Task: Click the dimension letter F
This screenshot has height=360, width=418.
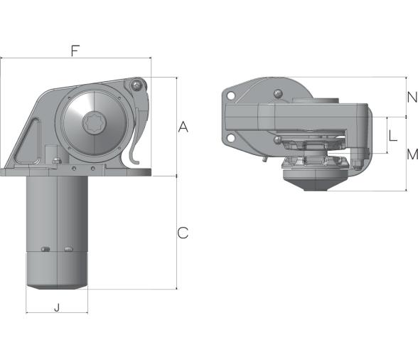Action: pos(75,51)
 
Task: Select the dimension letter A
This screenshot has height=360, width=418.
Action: pos(183,127)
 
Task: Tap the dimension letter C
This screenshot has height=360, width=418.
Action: pos(183,233)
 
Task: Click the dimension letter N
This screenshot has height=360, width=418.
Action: pos(411,97)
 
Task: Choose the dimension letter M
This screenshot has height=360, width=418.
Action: pos(411,154)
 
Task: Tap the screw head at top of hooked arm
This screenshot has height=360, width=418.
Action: pos(136,85)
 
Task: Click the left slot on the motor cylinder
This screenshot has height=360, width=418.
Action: pos(45,249)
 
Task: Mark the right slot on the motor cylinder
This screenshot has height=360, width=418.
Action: pos(68,249)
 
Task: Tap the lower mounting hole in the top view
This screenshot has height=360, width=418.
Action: pos(230,137)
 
